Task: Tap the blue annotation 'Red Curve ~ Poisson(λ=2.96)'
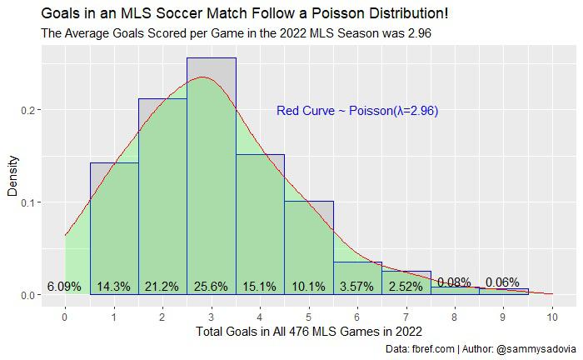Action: click(x=357, y=111)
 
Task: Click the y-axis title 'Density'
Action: click(x=12, y=180)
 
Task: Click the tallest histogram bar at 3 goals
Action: click(x=212, y=167)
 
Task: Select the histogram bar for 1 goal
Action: click(x=114, y=217)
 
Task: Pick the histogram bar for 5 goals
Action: click(x=309, y=242)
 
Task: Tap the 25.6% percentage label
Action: click(x=212, y=287)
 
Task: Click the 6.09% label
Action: click(x=64, y=287)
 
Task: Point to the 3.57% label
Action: click(x=357, y=287)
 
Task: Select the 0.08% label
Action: click(x=454, y=282)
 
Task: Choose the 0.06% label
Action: click(x=502, y=282)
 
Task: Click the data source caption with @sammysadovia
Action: click(x=483, y=349)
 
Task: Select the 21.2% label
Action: click(x=162, y=287)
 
